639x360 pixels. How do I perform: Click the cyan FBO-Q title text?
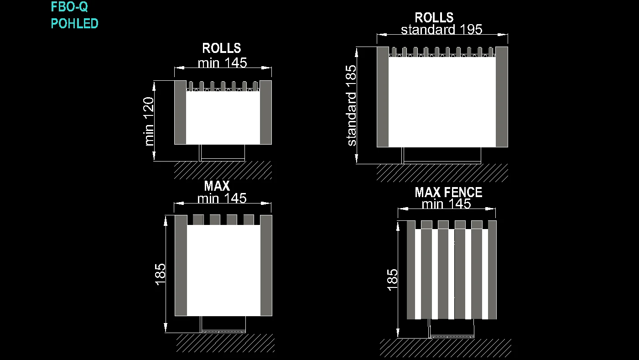click(69, 7)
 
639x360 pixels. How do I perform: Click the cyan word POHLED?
click(74, 23)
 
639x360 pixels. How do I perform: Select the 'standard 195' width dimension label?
click(442, 29)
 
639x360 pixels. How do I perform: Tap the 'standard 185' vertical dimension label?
click(351, 106)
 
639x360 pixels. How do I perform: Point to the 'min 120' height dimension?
click(149, 121)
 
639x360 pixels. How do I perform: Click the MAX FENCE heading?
click(448, 193)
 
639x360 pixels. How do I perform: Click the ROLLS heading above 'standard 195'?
click(434, 18)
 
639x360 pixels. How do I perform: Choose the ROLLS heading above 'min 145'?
click(222, 48)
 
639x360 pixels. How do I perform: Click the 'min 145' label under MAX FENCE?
click(447, 204)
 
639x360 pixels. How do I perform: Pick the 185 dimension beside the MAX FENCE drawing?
click(392, 280)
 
